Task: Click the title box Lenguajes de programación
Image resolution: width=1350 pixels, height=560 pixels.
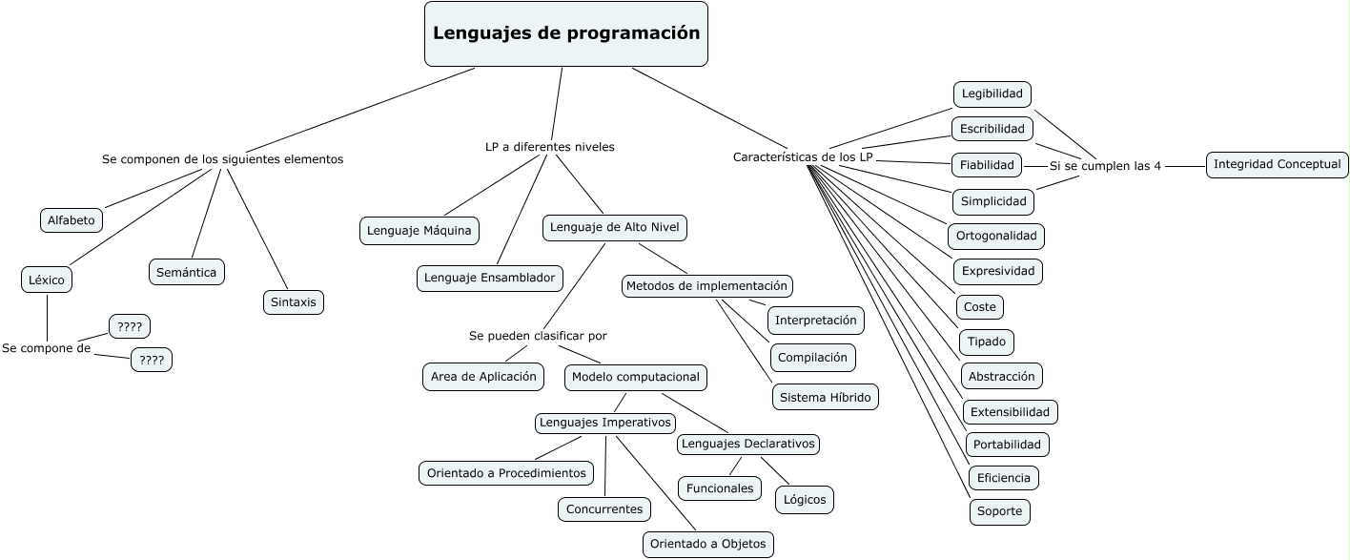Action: click(566, 33)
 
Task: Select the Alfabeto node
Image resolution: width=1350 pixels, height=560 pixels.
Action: click(72, 220)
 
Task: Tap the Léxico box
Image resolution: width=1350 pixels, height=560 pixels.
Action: click(47, 280)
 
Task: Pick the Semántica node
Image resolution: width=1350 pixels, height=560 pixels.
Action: click(187, 272)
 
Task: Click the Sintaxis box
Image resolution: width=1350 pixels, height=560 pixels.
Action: click(294, 302)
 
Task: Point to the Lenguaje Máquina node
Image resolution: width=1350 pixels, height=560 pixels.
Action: click(419, 230)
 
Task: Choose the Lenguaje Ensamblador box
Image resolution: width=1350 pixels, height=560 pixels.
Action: click(490, 278)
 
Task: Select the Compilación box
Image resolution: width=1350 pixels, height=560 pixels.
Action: click(812, 357)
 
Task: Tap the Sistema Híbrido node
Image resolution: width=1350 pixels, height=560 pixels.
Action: click(825, 397)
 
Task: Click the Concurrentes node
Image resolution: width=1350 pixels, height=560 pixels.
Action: click(604, 508)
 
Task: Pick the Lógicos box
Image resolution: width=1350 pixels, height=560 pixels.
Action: click(805, 499)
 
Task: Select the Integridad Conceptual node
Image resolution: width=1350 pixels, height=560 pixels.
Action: click(1278, 164)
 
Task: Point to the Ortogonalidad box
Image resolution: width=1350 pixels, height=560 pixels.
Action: click(996, 236)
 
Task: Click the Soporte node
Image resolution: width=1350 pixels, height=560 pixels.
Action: click(999, 510)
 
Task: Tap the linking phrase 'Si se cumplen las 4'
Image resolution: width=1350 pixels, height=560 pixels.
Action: click(1105, 166)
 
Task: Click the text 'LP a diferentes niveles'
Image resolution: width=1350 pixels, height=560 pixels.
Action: click(550, 147)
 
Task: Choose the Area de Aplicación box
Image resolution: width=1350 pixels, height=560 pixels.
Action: click(483, 376)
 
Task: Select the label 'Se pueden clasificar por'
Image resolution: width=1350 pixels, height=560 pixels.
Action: click(538, 336)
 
